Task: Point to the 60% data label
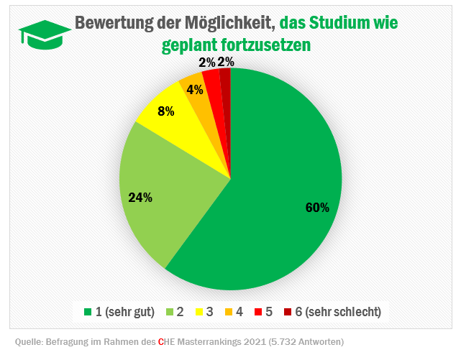317,208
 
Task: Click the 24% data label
140,198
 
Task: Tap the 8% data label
165,111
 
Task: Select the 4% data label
194,90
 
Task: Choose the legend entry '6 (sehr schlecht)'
338,311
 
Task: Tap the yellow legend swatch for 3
198,312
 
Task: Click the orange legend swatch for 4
229,312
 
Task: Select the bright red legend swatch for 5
259,312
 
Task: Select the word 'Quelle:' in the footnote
30,341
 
